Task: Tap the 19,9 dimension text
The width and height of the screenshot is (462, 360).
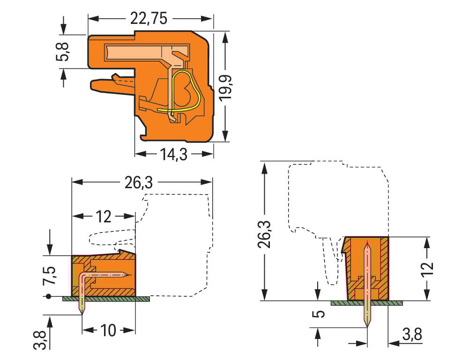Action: coord(225,86)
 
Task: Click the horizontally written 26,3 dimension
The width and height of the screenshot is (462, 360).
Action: coord(138,183)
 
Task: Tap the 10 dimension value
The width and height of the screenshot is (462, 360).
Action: coord(108,330)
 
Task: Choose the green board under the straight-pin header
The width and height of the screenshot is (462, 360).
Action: coord(366,303)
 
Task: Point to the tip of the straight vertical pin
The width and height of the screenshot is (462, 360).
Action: coord(367,326)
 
